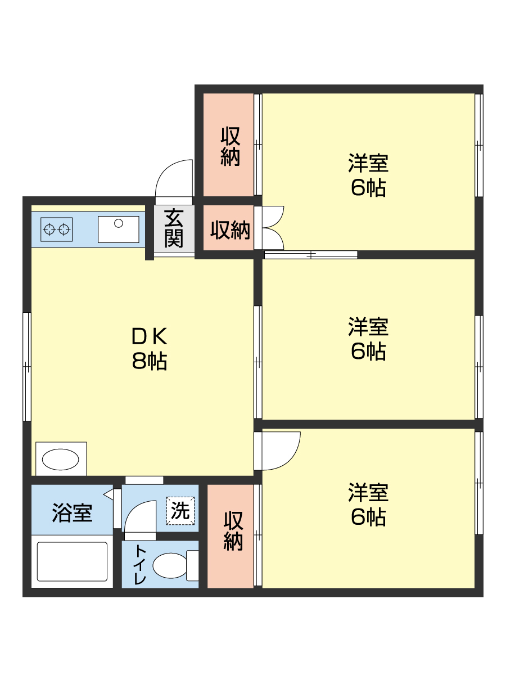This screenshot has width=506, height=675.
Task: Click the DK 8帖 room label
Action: pyautogui.click(x=149, y=348)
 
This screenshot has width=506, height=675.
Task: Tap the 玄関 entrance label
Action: pyautogui.click(x=174, y=228)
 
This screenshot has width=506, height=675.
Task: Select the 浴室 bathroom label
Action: pyautogui.click(x=72, y=512)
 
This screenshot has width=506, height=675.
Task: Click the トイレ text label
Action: pyautogui.click(x=139, y=565)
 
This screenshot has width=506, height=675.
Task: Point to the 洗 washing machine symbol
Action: pyautogui.click(x=180, y=511)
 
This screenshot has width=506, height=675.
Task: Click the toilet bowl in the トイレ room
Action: pyautogui.click(x=170, y=565)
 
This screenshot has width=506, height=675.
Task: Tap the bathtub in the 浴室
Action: pyautogui.click(x=72, y=561)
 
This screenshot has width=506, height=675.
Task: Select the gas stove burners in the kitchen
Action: pyautogui.click(x=56, y=229)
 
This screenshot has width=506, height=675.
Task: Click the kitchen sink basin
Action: pyautogui.click(x=119, y=229)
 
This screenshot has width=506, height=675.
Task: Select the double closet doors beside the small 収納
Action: pyautogui.click(x=273, y=228)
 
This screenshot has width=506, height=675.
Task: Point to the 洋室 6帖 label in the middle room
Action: pyautogui.click(x=368, y=339)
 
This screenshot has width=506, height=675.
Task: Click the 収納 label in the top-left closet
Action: pyautogui.click(x=230, y=146)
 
